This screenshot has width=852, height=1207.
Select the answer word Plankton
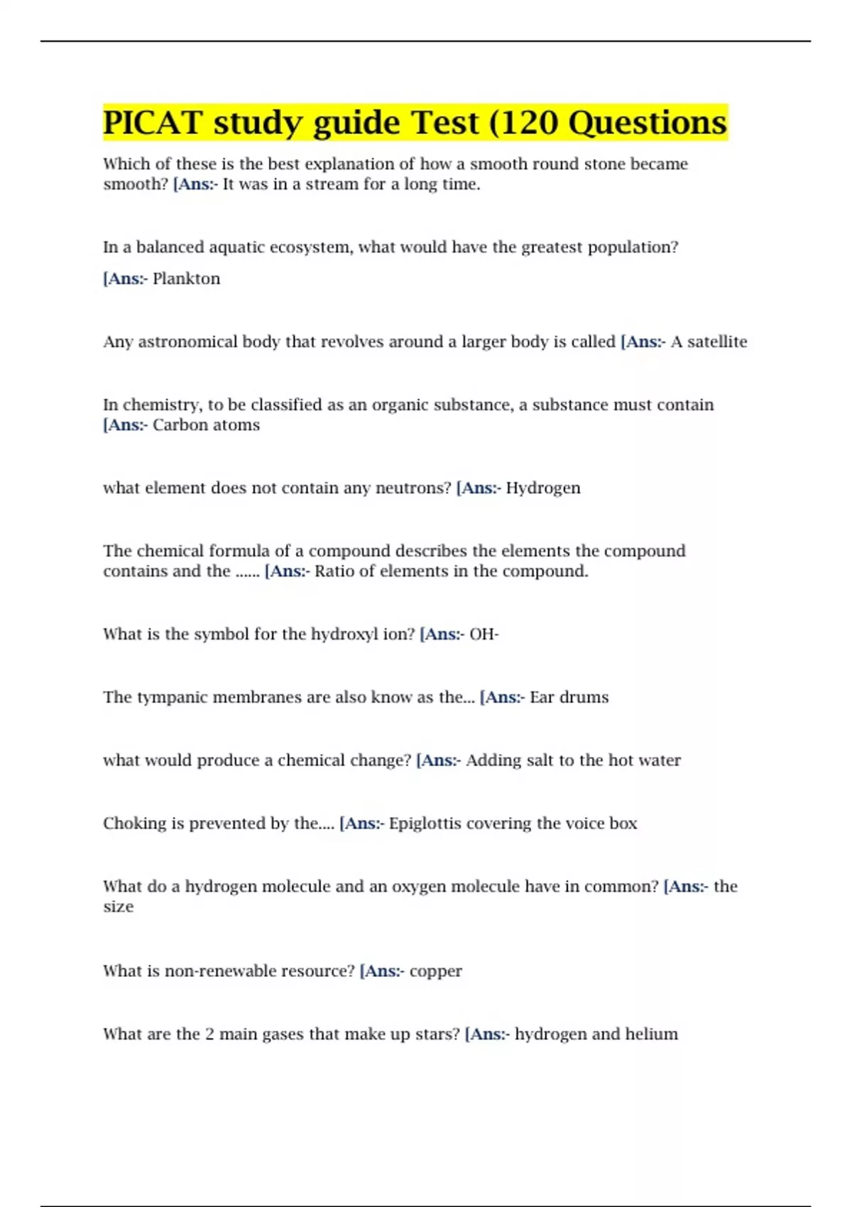point(186,278)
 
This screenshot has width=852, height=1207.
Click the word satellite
point(717,342)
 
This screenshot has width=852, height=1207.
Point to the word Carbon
point(177,425)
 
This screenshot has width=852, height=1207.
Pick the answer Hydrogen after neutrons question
point(543,488)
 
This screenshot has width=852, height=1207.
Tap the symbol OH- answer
point(484,634)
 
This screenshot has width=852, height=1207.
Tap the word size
point(118,907)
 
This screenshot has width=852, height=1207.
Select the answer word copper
point(435,971)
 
